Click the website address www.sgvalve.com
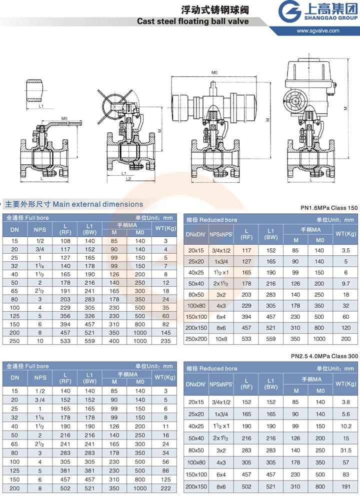tap(317, 30)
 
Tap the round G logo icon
tap(289, 11)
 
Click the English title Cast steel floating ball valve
tap(193, 21)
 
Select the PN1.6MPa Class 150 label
tap(329, 208)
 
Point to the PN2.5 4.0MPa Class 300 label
tap(324, 356)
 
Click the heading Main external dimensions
tap(98, 204)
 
